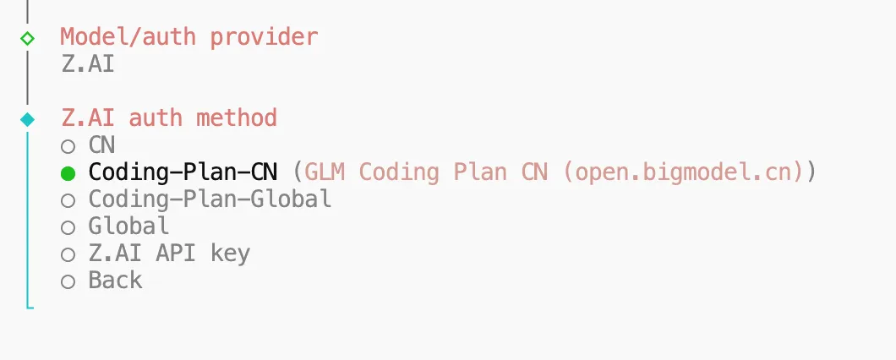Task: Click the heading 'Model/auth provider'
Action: (188, 37)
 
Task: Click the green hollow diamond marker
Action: (28, 38)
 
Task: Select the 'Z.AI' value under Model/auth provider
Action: (88, 64)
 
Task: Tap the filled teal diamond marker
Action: (28, 119)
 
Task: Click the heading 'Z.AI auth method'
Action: (169, 117)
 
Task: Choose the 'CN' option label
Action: (101, 145)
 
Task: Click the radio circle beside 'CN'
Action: (68, 146)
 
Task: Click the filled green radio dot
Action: (68, 173)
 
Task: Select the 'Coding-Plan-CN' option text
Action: (183, 172)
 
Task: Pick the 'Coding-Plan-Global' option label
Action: (210, 199)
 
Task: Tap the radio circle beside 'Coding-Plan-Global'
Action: (68, 200)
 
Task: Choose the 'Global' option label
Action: (128, 226)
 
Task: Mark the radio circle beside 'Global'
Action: (68, 227)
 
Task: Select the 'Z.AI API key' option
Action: (169, 253)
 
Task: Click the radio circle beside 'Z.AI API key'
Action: (68, 254)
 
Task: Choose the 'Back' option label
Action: (115, 280)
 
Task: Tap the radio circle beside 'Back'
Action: (68, 281)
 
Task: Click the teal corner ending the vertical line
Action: (30, 305)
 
